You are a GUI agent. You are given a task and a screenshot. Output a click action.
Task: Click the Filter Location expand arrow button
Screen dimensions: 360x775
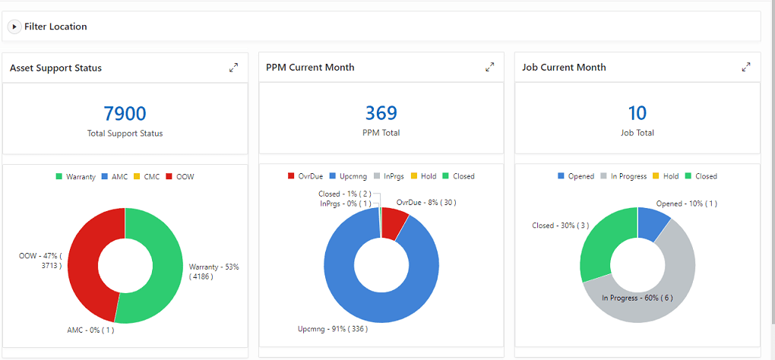14,27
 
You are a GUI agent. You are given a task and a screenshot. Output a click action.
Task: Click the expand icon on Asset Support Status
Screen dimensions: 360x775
233,68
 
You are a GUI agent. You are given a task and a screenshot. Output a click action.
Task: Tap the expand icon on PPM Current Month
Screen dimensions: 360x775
489,68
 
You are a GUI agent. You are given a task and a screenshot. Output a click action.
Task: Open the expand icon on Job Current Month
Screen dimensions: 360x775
746,68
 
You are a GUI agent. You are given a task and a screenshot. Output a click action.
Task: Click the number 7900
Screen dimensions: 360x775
125,114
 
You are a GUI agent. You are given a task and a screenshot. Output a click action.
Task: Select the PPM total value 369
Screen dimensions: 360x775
381,113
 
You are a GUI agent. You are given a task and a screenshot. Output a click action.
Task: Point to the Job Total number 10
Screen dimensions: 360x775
637,113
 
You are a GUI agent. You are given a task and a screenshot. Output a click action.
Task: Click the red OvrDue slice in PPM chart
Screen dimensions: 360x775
394,223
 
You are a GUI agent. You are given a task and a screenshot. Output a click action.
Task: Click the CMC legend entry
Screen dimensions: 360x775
149,177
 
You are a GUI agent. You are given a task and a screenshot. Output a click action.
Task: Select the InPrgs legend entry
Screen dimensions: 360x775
391,176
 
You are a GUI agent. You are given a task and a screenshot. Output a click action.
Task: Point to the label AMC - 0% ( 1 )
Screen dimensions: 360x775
90,330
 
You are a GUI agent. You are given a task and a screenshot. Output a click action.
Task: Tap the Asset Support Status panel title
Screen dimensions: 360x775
55,68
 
